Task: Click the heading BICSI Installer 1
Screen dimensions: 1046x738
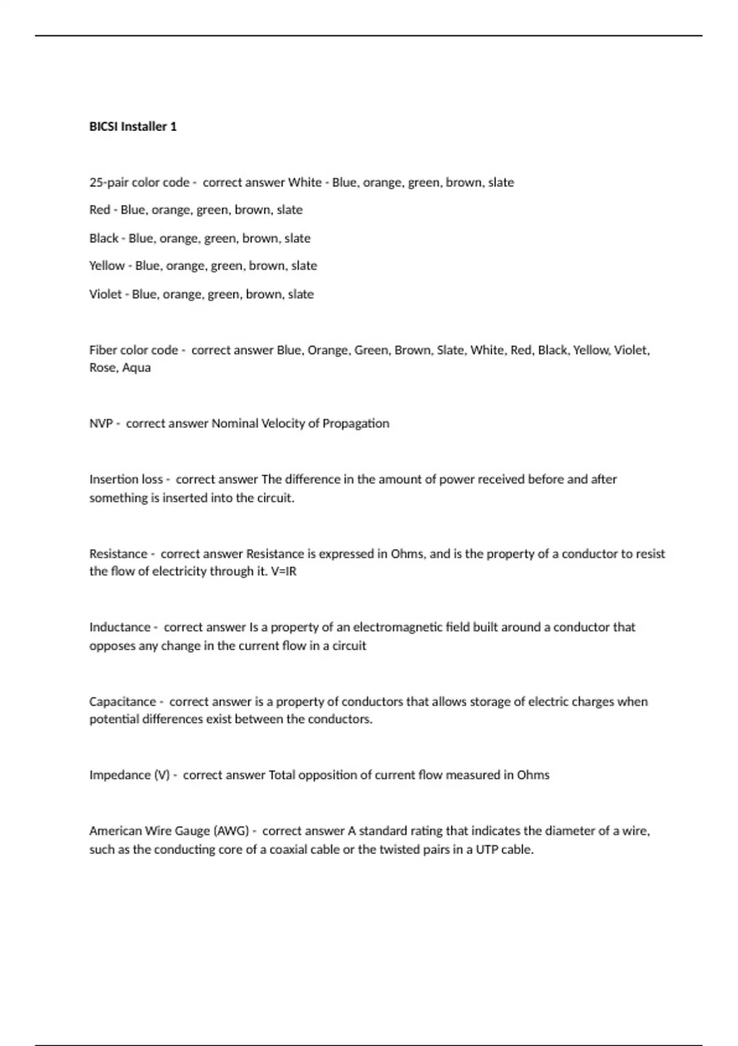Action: tap(133, 126)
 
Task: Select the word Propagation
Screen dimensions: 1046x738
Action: tap(356, 423)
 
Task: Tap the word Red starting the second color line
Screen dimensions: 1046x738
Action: tap(100, 210)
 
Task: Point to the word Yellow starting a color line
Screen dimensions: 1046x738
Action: tap(107, 266)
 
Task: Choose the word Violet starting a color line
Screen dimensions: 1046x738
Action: tap(105, 294)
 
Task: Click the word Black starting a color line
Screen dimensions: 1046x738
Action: tap(103, 238)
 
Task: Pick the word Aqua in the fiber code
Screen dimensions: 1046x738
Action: tap(137, 367)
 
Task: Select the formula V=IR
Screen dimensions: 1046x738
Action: tap(284, 571)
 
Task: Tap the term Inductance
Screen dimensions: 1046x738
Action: tap(120, 627)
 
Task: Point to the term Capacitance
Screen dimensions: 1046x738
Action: tap(122, 701)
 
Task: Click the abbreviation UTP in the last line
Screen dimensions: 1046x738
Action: tap(488, 849)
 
